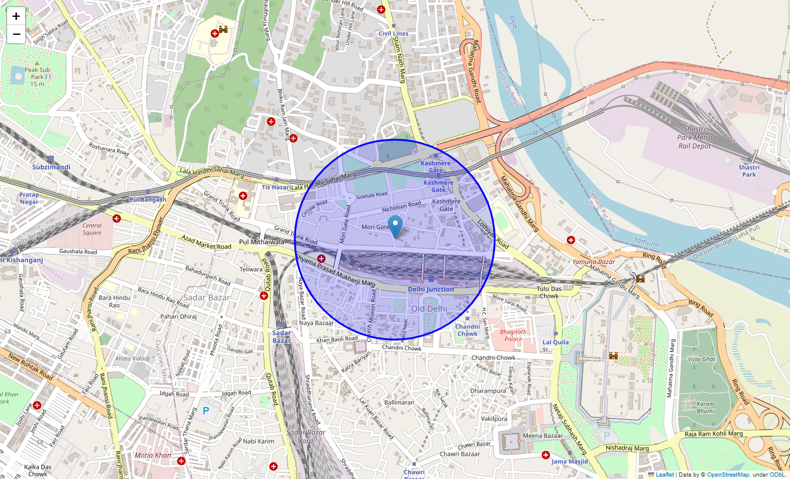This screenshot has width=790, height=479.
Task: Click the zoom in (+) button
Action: coord(16,17)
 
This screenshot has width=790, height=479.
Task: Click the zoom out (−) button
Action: coord(16,34)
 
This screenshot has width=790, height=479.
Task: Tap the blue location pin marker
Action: coord(395,227)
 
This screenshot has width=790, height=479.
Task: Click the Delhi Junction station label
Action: coord(431,289)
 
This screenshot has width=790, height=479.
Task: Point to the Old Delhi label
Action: coord(429,308)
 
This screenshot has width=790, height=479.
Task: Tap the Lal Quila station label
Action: coord(555,342)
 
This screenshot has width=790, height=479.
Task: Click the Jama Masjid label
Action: coord(570,461)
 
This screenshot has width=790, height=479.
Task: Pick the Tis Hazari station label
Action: coord(276,187)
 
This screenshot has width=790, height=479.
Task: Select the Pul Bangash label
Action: coord(147,199)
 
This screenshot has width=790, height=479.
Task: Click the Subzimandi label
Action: coord(51,167)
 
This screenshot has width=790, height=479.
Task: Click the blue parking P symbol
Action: coord(206,411)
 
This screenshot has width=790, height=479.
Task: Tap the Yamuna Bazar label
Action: coord(594,262)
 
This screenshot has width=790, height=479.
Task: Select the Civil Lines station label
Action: coord(393,34)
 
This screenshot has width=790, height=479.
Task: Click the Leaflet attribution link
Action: coord(664,475)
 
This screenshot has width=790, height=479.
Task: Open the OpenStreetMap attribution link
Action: coord(728,475)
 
